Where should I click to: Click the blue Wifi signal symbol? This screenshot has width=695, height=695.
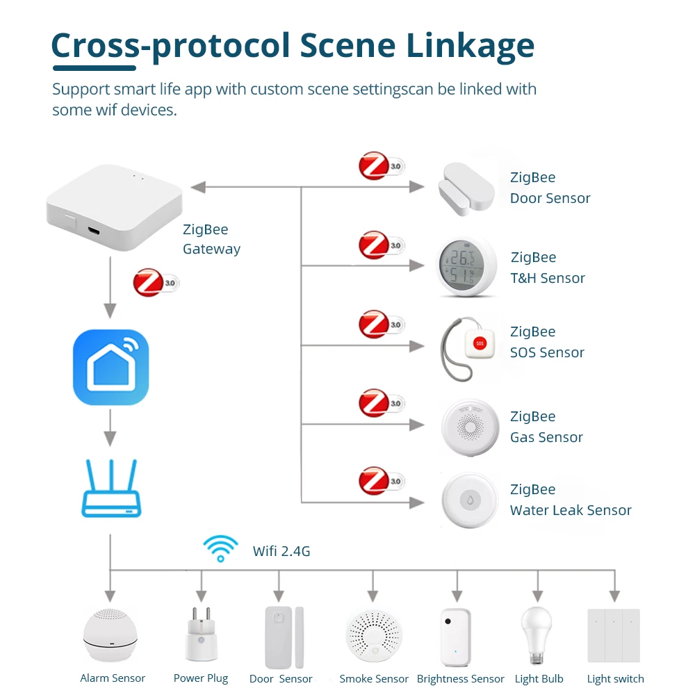(220, 547)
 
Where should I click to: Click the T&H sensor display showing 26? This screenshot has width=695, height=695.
(461, 259)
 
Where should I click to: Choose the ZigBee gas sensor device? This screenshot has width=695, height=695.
(471, 427)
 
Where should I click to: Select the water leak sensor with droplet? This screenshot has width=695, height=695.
(471, 500)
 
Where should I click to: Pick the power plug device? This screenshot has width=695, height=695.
(199, 634)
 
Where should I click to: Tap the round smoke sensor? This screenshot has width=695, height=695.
(373, 632)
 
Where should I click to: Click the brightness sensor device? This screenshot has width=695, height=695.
(455, 636)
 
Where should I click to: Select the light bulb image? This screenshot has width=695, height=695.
(536, 632)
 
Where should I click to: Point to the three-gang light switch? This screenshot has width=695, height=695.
(614, 635)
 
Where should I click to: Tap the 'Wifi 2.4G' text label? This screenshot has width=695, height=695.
(281, 552)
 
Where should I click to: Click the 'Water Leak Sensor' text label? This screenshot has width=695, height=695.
(571, 510)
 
